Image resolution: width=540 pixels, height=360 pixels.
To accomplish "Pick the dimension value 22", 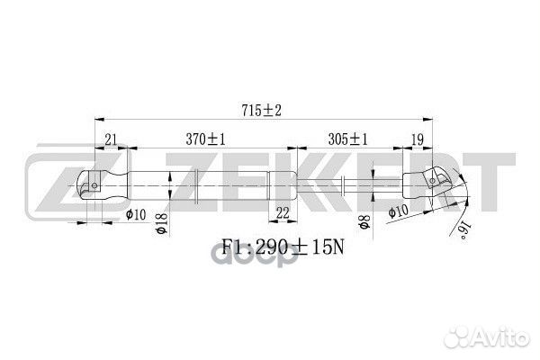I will [282, 212].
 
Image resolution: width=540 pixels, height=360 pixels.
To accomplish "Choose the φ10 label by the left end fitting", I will [137, 213].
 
